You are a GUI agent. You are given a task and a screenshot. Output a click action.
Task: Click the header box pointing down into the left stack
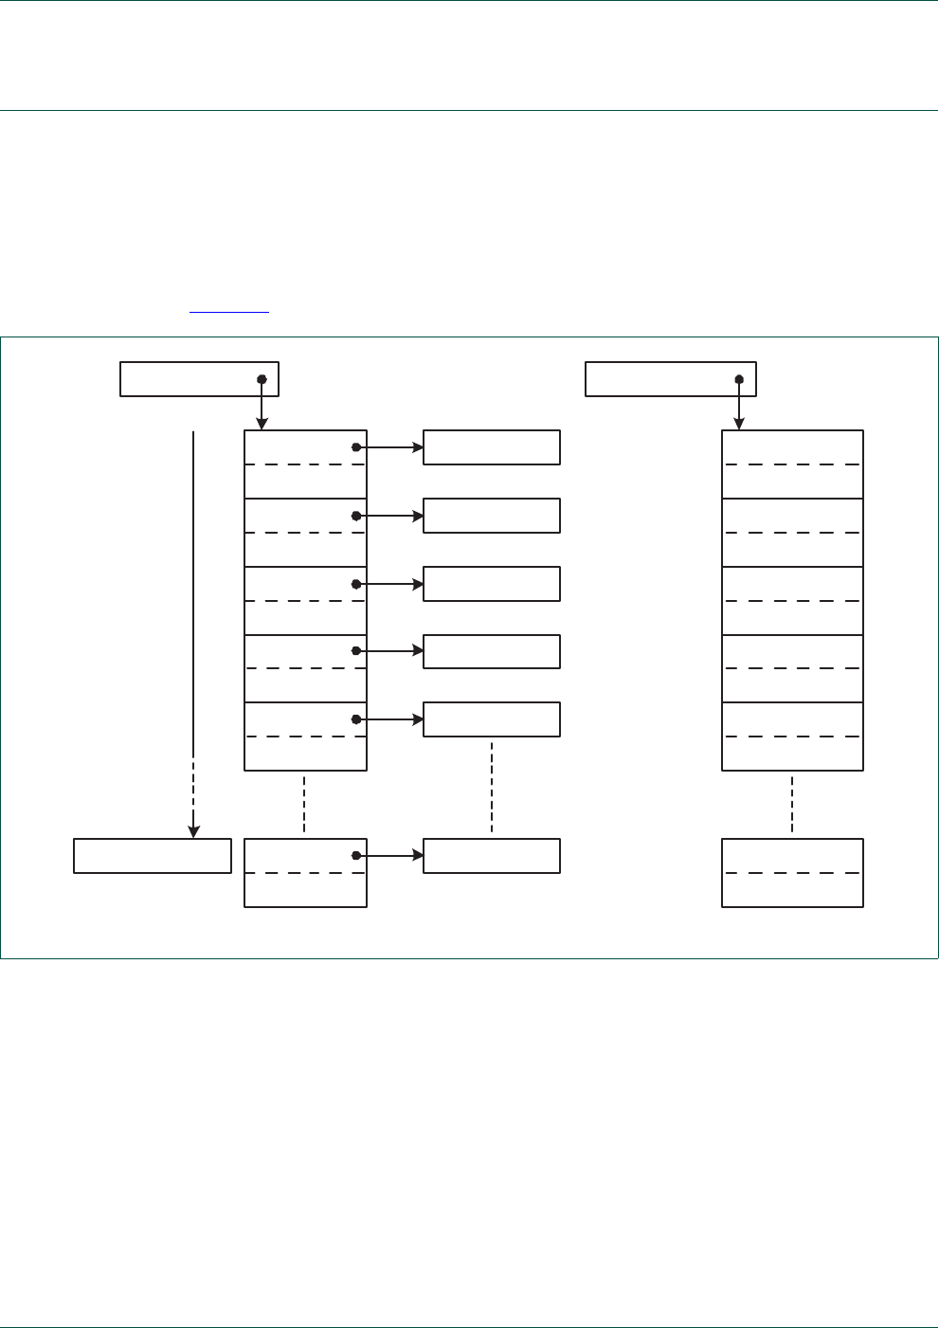click(x=199, y=378)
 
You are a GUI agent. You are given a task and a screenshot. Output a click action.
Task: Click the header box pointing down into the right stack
click(x=670, y=378)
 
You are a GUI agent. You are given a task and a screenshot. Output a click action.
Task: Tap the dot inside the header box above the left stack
click(x=262, y=379)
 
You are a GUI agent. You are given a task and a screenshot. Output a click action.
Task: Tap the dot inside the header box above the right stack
click(x=739, y=379)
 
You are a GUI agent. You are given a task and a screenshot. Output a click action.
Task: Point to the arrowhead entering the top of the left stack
click(x=262, y=425)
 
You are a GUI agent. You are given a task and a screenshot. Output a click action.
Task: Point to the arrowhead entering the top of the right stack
click(x=739, y=425)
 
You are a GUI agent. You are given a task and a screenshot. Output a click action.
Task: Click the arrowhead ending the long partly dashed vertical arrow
click(x=193, y=832)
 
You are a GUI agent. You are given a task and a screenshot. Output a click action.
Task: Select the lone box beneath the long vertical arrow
click(x=153, y=855)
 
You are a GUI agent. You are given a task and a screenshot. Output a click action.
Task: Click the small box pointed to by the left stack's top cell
click(x=491, y=447)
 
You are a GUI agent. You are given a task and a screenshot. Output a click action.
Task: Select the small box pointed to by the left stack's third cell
click(x=491, y=584)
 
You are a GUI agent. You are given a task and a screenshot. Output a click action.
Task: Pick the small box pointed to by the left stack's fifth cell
click(x=491, y=719)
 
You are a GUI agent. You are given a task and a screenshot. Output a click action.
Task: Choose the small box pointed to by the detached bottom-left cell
click(x=491, y=855)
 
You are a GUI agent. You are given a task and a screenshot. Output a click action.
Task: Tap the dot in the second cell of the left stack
click(x=356, y=516)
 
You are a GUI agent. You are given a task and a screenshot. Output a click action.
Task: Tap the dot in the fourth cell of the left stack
click(x=356, y=651)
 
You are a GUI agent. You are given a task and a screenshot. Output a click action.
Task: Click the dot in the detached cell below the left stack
click(x=356, y=855)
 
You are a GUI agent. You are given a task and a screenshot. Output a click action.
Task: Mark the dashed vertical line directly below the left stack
click(x=304, y=804)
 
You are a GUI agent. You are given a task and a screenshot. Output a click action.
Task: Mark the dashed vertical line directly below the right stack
click(x=792, y=804)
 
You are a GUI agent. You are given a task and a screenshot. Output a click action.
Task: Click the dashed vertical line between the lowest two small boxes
click(x=492, y=787)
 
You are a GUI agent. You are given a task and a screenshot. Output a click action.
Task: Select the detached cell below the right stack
click(x=792, y=872)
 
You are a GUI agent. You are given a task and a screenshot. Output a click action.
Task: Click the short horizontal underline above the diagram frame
click(x=229, y=311)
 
